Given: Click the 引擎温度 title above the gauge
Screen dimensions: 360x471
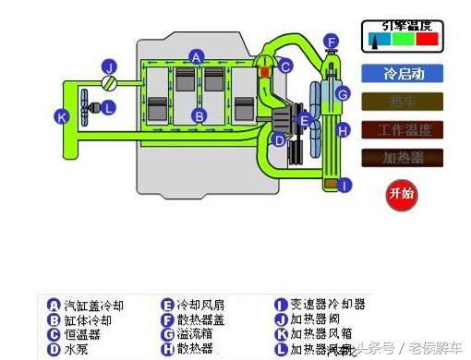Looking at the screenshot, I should coord(402,26).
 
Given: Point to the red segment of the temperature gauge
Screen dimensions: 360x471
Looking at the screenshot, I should coord(427,40).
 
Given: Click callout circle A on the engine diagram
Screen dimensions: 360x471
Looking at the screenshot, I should coord(196,56).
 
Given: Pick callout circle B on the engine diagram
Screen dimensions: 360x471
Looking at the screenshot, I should coord(198,115).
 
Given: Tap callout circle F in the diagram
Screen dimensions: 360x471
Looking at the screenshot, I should coord(331,41).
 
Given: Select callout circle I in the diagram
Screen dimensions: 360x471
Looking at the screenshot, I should coord(344,186).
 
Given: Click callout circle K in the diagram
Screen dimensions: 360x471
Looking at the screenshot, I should coord(62,117).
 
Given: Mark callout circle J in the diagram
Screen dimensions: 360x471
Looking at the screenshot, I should coord(109,66).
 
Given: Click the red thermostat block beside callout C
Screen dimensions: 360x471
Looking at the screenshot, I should coord(266,66).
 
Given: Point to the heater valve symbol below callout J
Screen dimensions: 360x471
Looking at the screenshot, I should coord(110,83).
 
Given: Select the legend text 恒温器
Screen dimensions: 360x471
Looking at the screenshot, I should coord(81,334).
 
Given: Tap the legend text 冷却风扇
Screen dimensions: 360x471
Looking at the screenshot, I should coord(200,305).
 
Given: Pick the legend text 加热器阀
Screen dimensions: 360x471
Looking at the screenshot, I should coord(316,319).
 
